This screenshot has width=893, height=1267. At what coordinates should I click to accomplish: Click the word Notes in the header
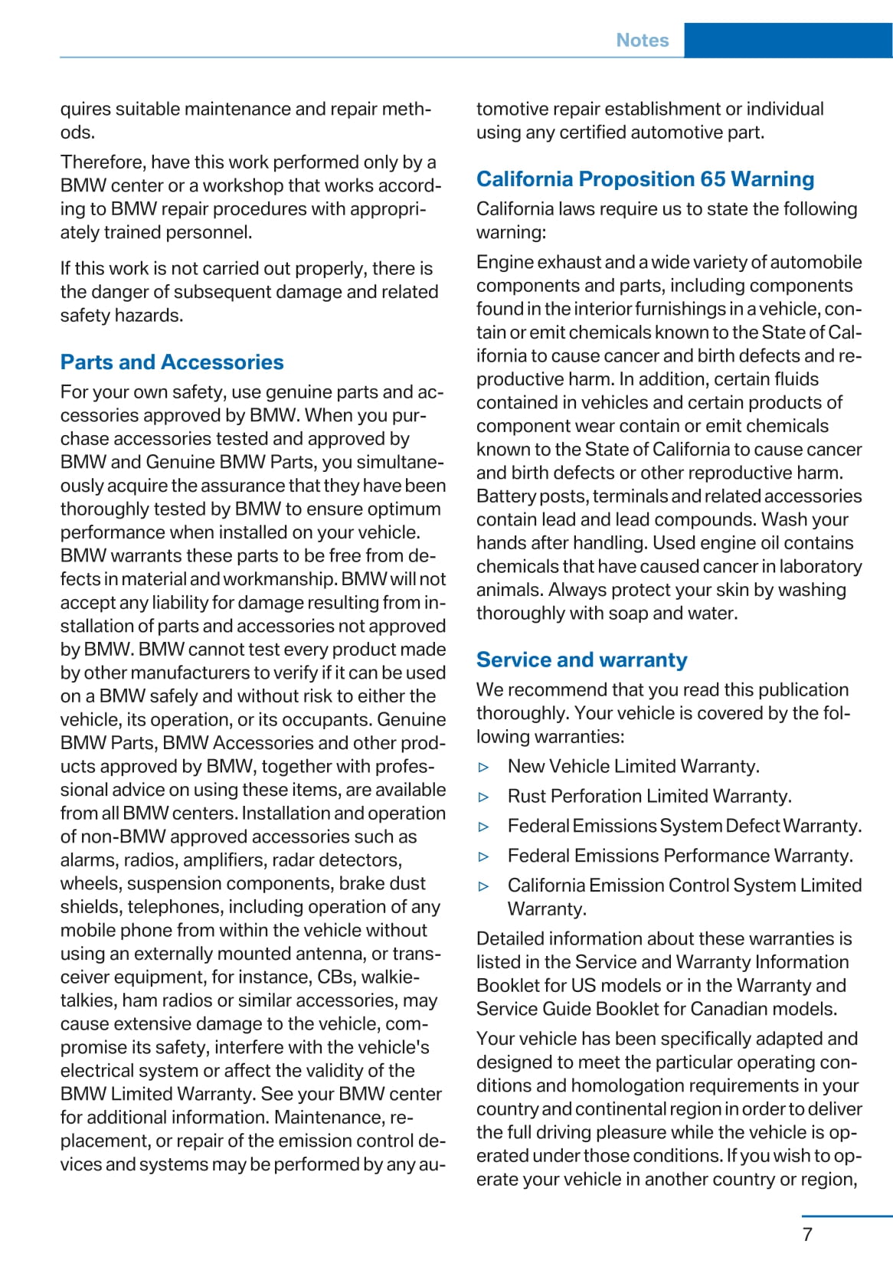642,41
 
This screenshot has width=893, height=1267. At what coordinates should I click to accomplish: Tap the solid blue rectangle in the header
787,41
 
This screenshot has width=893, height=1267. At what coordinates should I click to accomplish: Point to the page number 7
807,1234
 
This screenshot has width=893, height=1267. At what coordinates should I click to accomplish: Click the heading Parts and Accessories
172,362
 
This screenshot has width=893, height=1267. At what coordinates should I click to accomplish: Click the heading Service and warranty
581,660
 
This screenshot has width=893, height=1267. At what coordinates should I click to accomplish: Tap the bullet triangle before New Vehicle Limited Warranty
483,767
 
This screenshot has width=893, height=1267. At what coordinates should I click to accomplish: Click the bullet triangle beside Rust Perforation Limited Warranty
483,797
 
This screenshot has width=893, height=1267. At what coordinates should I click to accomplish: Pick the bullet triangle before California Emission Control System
483,886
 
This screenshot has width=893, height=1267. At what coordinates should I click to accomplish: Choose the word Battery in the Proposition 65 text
505,496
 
